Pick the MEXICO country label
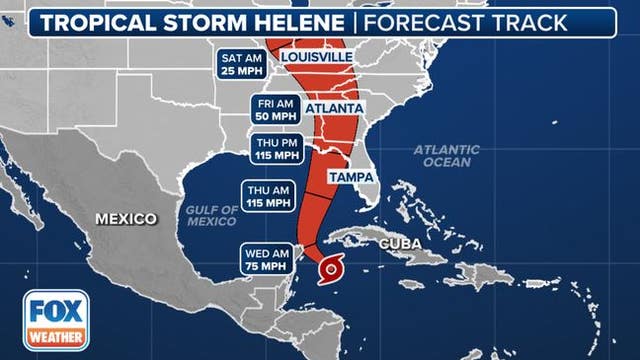[x=125, y=218]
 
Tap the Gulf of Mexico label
[x=212, y=215]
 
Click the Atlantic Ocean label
[x=446, y=156]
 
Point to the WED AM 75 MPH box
[x=267, y=258]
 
